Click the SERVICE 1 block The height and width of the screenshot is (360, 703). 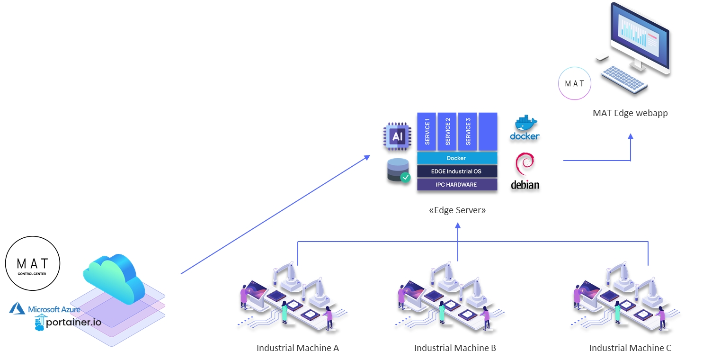pos(427,131)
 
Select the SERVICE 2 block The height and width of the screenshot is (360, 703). pos(447,131)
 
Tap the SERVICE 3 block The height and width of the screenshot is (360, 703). pos(468,131)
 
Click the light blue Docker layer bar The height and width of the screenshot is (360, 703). pos(457,158)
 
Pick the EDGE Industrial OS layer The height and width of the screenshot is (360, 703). pos(457,171)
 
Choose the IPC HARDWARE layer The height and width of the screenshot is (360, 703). pos(457,184)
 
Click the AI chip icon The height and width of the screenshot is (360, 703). pos(397,136)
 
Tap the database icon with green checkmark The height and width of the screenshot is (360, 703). pos(398,171)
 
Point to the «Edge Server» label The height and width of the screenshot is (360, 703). pos(457,210)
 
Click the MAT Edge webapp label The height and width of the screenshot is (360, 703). pos(630,113)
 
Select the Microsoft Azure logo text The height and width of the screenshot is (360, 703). pos(53,309)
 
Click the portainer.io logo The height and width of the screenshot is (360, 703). pos(68,322)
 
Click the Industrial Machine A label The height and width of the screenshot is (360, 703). pos(297,348)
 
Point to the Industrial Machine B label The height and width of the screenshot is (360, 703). pos(455,348)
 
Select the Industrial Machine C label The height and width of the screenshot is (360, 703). pos(630,348)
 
